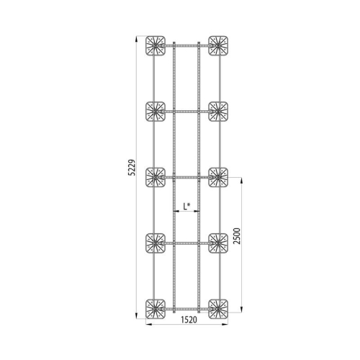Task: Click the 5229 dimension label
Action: (x=132, y=168)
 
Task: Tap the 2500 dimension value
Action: (x=237, y=236)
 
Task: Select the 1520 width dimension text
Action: (x=189, y=320)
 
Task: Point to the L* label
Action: (x=186, y=206)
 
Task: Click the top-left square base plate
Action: (x=156, y=46)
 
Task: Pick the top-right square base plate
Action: (x=218, y=46)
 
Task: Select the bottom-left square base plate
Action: (x=156, y=309)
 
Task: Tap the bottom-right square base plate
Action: (x=218, y=309)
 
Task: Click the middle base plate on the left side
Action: (x=156, y=177)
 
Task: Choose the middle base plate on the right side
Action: (x=218, y=177)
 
